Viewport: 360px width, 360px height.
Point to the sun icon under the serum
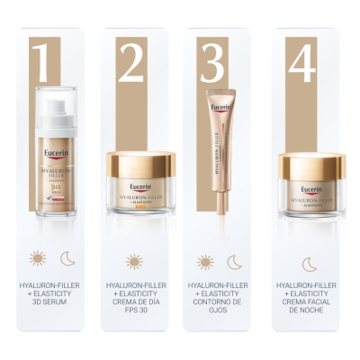click(37, 259)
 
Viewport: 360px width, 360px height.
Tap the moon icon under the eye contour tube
click(234, 262)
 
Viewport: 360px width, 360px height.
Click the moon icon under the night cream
click(309, 263)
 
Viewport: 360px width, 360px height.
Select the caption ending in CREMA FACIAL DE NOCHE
click(309, 301)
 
